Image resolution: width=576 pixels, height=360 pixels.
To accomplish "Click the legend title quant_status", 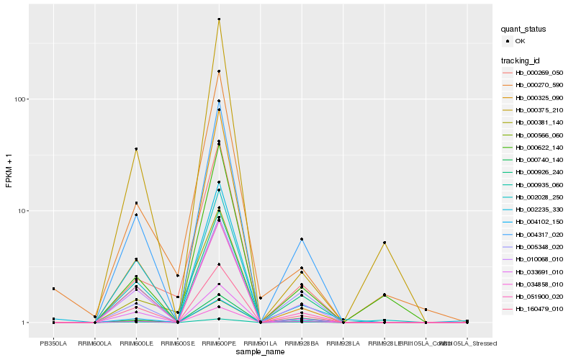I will (x=523, y=29).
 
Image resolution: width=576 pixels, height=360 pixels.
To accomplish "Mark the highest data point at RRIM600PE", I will (x=219, y=19).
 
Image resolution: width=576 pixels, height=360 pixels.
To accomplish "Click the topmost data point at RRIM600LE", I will (x=136, y=149).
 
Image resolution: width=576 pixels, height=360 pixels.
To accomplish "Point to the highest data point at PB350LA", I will (x=53, y=289).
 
